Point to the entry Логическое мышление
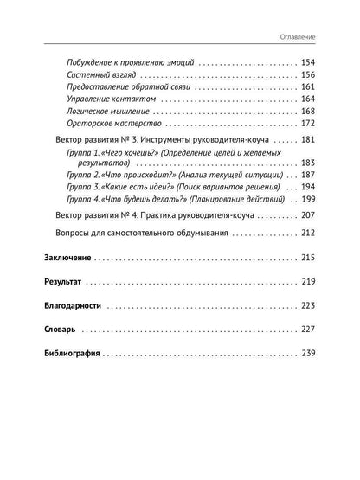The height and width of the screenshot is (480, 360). [106, 112]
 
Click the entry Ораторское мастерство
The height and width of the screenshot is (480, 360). [110, 124]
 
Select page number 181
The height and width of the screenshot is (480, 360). [309, 141]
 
